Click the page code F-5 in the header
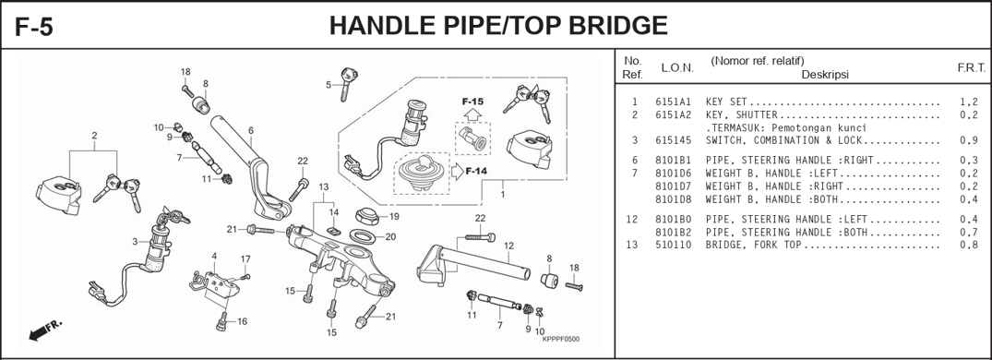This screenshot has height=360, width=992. pyautogui.click(x=34, y=26)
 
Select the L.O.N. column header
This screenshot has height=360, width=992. pyautogui.click(x=677, y=68)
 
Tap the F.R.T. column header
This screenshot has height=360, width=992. pyautogui.click(x=971, y=68)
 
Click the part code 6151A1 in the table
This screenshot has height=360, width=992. pyautogui.click(x=673, y=102)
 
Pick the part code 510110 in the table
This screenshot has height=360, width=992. pyautogui.click(x=673, y=246)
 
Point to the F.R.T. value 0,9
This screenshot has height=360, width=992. pyautogui.click(x=968, y=141)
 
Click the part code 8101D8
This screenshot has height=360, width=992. pyautogui.click(x=673, y=199)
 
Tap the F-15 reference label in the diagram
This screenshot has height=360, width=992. pyautogui.click(x=472, y=101)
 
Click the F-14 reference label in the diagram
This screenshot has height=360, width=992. pyautogui.click(x=476, y=172)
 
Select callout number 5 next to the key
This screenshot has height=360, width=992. pyautogui.click(x=328, y=85)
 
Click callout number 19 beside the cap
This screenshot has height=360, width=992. pyautogui.click(x=394, y=217)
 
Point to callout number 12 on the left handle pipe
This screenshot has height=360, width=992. pyautogui.click(x=508, y=246)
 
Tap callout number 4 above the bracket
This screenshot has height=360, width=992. pyautogui.click(x=214, y=256)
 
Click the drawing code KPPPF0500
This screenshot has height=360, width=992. pyautogui.click(x=560, y=340)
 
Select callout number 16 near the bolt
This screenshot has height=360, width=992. pyautogui.click(x=242, y=322)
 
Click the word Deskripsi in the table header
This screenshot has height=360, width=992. pyautogui.click(x=824, y=74)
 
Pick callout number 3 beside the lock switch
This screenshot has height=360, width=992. pyautogui.click(x=135, y=242)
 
